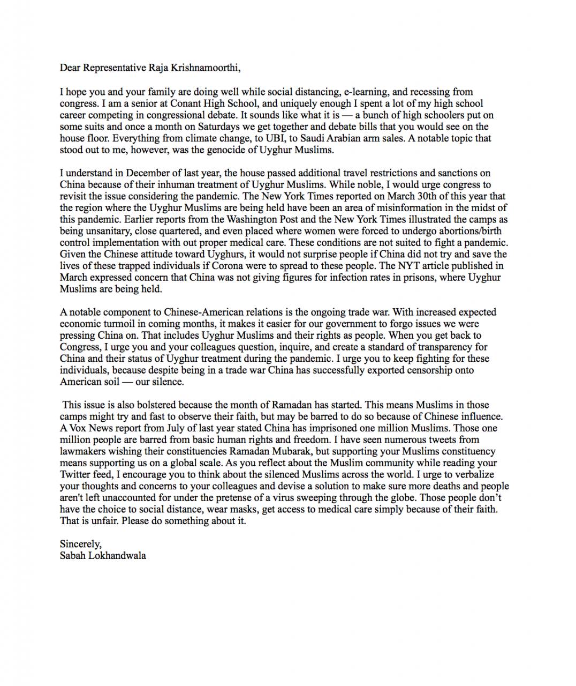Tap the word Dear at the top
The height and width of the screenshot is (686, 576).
(70, 68)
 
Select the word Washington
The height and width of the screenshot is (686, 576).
(254, 219)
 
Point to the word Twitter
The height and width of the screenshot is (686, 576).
(75, 474)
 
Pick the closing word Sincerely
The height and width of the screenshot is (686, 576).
(80, 544)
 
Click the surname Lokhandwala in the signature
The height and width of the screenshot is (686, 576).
(117, 556)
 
